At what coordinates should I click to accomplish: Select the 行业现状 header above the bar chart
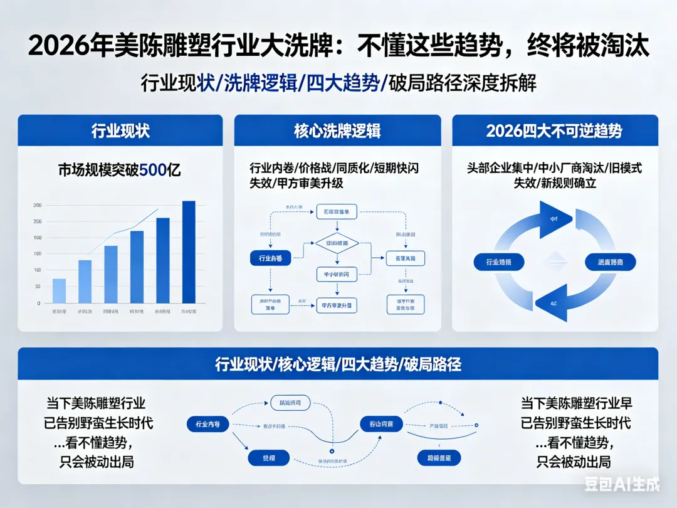120,130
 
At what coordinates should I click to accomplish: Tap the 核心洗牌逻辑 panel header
337,130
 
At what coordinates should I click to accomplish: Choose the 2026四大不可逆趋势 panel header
554,130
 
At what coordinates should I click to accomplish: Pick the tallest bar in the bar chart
189,251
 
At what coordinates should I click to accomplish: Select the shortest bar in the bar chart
59,290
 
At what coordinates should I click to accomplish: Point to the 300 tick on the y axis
38,206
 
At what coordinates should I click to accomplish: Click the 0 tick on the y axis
39,303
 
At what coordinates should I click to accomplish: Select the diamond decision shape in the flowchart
337,243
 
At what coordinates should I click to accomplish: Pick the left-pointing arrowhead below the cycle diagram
555,304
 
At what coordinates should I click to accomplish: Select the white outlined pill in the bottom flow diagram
290,403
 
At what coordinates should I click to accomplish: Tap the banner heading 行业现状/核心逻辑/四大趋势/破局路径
338,364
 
